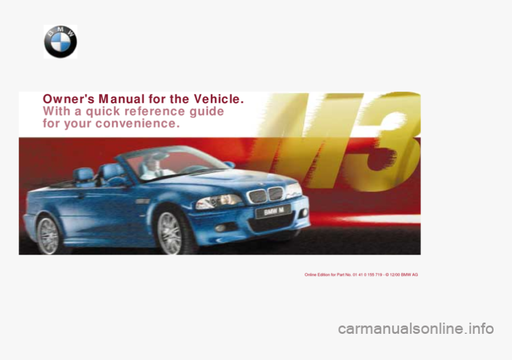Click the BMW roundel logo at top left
pyautogui.click(x=60, y=42)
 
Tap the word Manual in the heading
pyautogui.click(x=117, y=99)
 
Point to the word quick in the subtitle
pyautogui.click(x=101, y=111)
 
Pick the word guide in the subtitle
pyautogui.click(x=207, y=111)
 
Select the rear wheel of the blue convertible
pyautogui.click(x=48, y=234)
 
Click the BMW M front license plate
pyautogui.click(x=273, y=211)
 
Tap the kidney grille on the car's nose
pyautogui.click(x=266, y=194)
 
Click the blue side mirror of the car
pyautogui.click(x=229, y=164)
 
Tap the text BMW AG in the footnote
pyautogui.click(x=410, y=274)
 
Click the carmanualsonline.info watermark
pyautogui.click(x=416, y=328)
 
